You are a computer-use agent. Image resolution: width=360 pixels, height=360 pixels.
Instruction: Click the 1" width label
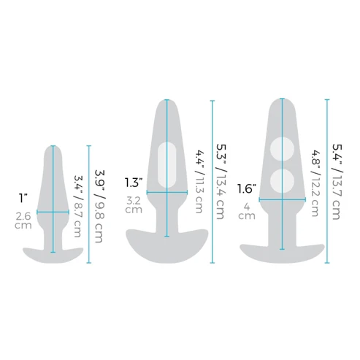[23, 199]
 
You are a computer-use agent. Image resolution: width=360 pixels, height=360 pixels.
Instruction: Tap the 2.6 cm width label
[23, 221]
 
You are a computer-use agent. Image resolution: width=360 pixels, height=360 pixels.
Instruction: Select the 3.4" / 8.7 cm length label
[78, 206]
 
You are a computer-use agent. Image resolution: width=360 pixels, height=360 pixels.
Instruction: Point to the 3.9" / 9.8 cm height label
[99, 206]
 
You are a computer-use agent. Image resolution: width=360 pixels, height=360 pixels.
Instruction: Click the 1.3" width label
[134, 183]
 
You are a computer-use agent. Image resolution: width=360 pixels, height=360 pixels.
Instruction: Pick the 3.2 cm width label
[134, 205]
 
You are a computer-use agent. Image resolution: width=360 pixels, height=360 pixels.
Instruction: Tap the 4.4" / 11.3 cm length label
[199, 182]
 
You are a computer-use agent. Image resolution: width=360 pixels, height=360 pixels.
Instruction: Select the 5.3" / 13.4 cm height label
[221, 182]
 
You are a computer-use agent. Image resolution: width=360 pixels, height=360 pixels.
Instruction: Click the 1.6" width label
[247, 189]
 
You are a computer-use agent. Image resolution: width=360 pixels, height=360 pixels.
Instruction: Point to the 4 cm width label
[247, 211]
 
